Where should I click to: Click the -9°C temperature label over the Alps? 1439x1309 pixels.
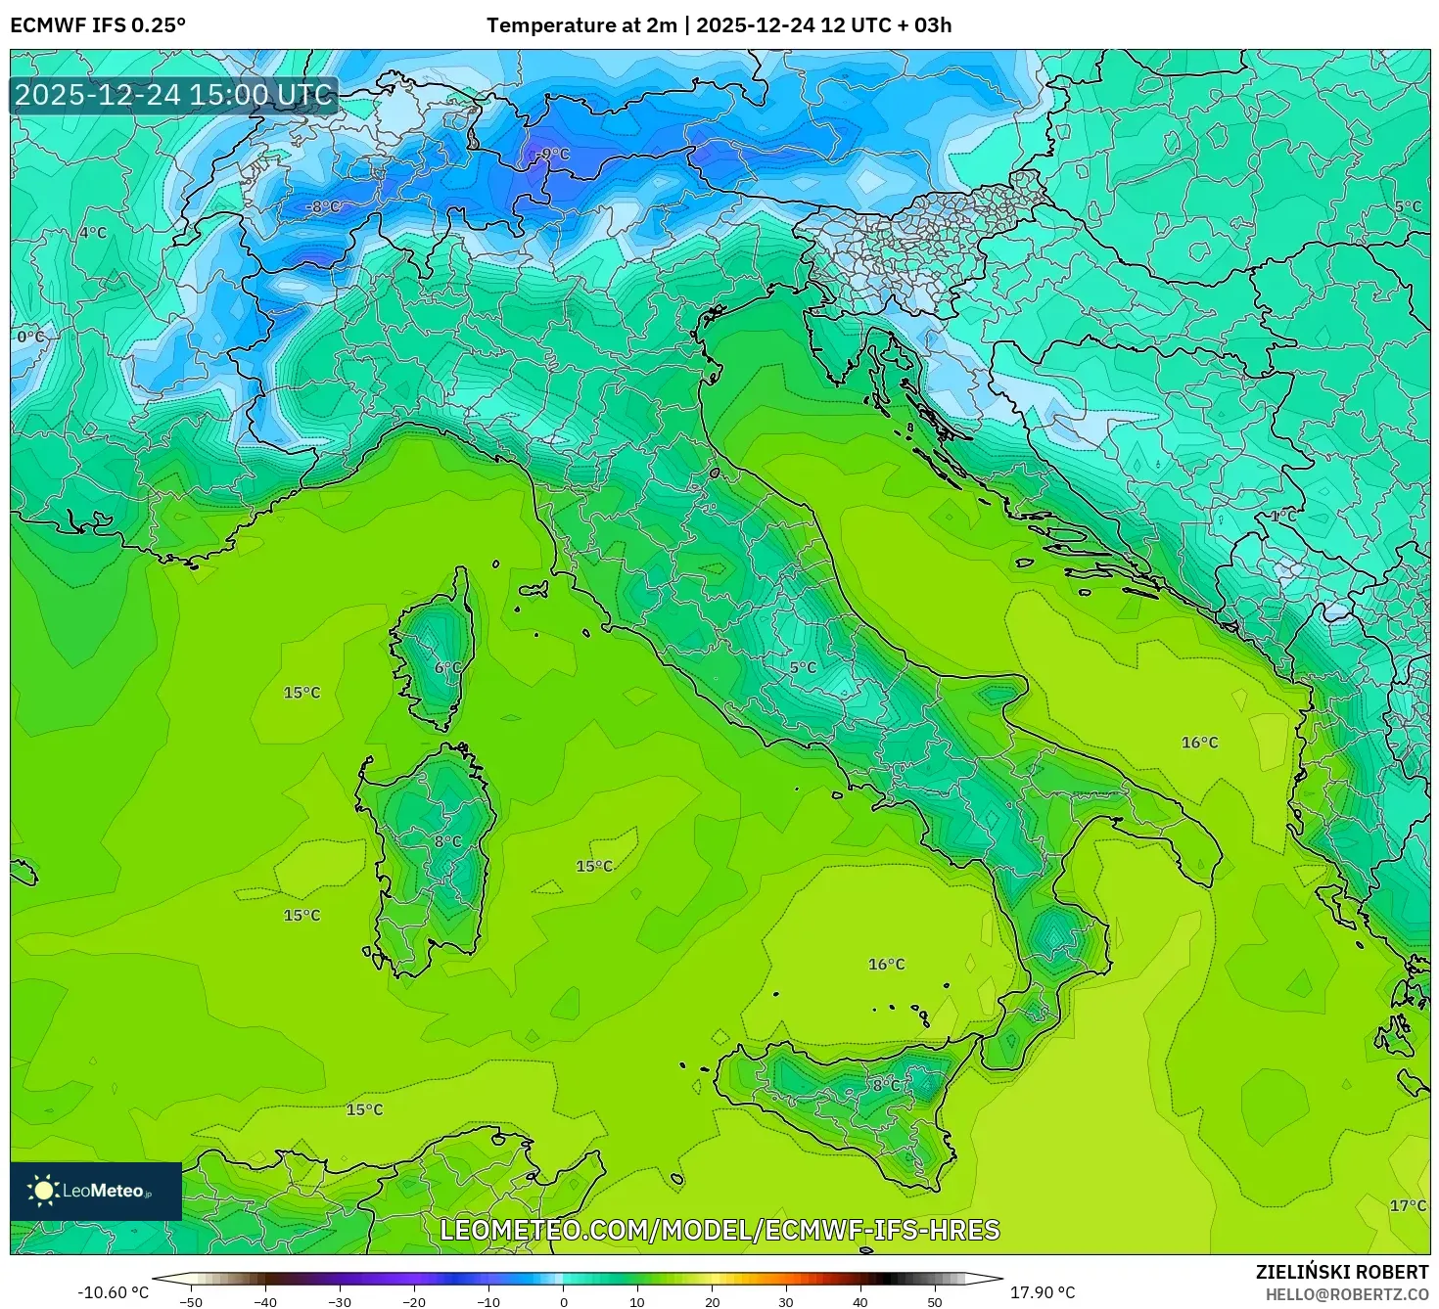(553, 154)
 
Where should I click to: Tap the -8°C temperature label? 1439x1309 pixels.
(323, 206)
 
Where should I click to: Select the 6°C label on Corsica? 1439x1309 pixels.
(447, 667)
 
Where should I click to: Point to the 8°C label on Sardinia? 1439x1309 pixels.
(447, 840)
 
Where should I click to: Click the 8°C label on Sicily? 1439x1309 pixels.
(887, 1085)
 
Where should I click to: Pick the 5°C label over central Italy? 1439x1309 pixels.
(803, 667)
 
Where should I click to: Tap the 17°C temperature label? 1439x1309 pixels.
(1408, 1205)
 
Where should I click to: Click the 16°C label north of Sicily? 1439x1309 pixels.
(886, 964)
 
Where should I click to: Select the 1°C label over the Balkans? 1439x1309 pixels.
(1283, 515)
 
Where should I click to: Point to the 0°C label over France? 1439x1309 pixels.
(30, 337)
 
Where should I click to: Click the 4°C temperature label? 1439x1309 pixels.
(92, 232)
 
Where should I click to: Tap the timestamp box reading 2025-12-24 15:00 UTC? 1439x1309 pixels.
(174, 95)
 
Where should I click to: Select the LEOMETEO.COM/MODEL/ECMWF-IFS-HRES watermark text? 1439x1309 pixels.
(719, 1229)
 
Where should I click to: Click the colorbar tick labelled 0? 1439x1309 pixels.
(563, 1301)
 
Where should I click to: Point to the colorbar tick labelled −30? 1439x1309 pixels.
(339, 1301)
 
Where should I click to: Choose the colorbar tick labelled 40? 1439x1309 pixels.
(860, 1301)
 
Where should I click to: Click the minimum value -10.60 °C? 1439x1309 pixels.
(114, 1292)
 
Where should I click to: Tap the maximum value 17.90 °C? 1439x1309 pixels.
(1043, 1292)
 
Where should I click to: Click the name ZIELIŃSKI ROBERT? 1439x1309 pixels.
(1341, 1272)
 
